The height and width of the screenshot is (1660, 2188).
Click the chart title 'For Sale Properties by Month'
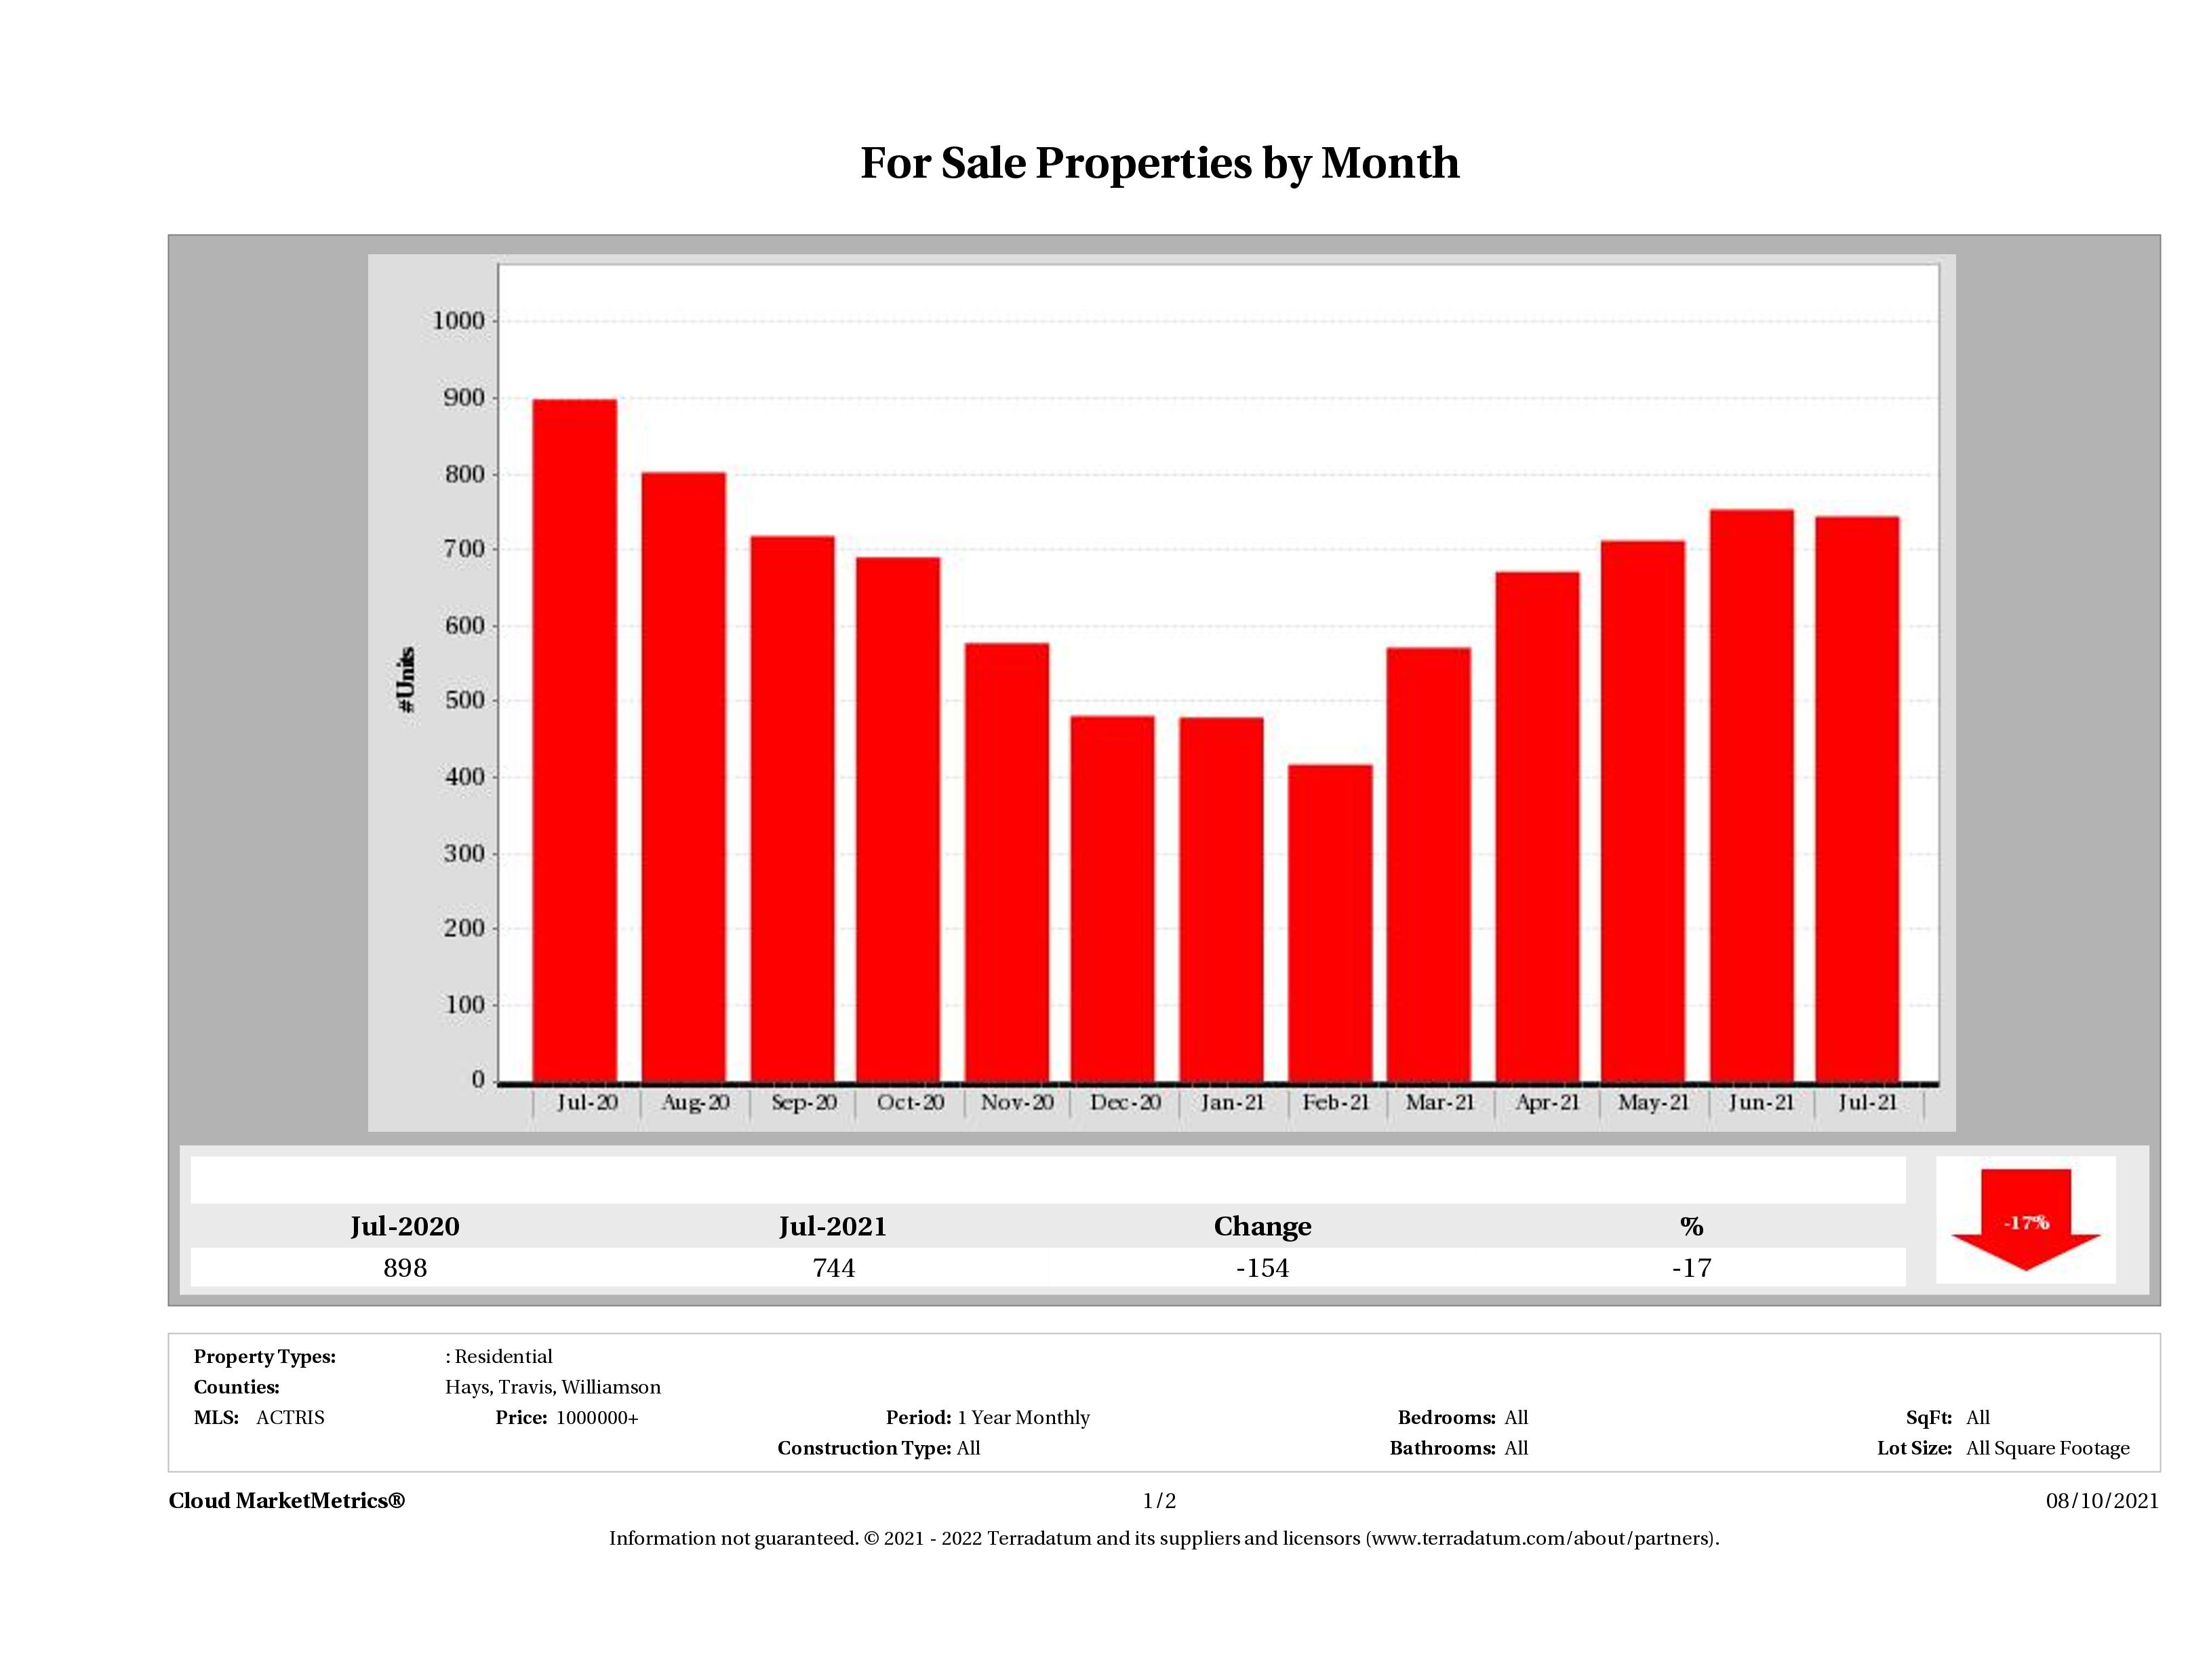1159,163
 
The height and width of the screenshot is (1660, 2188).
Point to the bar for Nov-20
1007,862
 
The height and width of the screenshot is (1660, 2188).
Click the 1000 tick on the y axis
459,321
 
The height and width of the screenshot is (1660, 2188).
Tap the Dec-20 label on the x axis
1125,1102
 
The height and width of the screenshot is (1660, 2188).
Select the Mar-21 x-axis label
1439,1102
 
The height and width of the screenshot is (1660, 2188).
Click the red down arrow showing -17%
2025,1221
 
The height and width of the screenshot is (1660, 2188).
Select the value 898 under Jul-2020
405,1267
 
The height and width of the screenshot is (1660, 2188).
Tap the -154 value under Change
1262,1267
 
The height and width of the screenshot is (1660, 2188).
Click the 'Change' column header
1262,1227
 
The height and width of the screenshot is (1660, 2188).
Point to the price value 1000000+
597,1418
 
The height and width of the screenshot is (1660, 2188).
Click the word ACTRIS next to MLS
290,1418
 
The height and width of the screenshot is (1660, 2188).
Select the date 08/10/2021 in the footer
2102,1501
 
